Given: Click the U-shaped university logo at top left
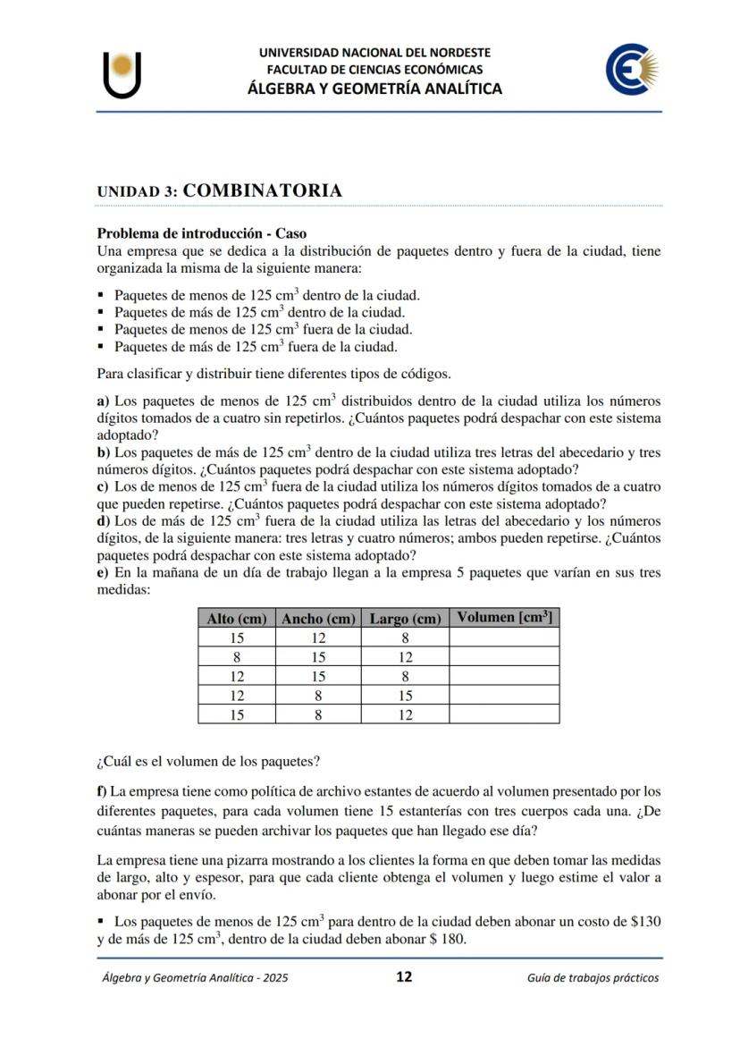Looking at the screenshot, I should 122,74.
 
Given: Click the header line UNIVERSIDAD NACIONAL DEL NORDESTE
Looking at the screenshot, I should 374,53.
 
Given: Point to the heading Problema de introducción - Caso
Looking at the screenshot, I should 201,233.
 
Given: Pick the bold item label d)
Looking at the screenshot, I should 104,520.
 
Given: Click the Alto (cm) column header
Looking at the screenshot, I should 237,618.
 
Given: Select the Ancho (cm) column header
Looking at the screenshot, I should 318,618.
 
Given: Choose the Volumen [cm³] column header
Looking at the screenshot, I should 504,617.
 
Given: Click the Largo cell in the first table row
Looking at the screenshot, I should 405,637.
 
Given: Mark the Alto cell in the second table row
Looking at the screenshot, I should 237,656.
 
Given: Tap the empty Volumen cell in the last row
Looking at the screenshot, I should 504,714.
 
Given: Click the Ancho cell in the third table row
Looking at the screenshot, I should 318,676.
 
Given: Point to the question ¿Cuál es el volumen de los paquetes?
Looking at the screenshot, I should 207,762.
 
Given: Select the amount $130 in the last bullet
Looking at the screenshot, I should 645,921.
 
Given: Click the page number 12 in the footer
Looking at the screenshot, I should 404,976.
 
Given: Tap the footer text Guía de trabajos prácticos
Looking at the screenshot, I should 593,977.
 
